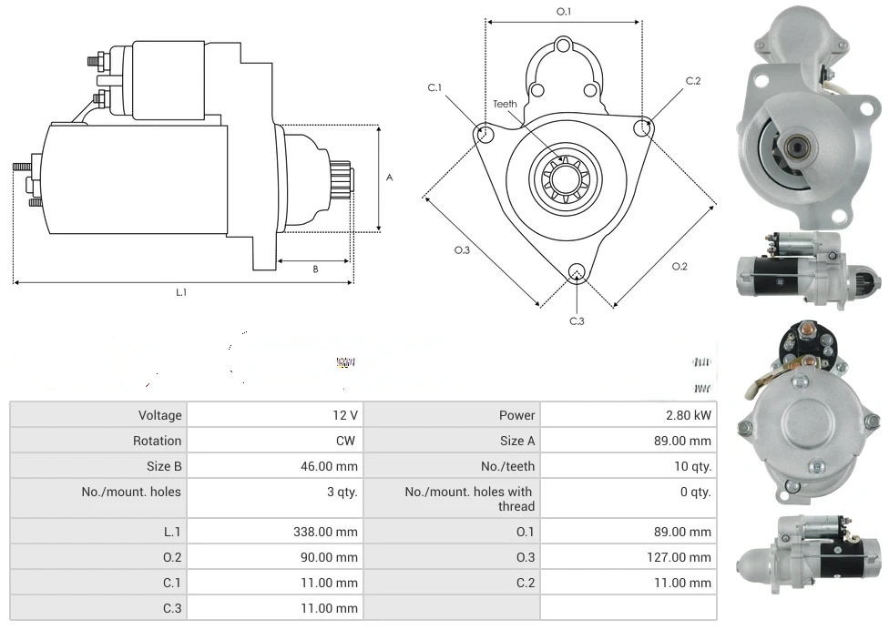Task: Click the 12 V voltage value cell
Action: tap(345, 415)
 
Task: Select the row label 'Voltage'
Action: tap(160, 415)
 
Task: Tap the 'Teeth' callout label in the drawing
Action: tap(505, 104)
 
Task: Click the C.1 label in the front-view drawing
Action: tap(434, 87)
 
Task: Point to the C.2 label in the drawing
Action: tap(693, 81)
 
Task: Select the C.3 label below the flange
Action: tap(577, 320)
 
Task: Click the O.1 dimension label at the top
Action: tap(564, 12)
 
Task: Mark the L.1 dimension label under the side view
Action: tap(181, 292)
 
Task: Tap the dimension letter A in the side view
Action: tap(390, 178)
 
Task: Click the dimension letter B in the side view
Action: tap(315, 269)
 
